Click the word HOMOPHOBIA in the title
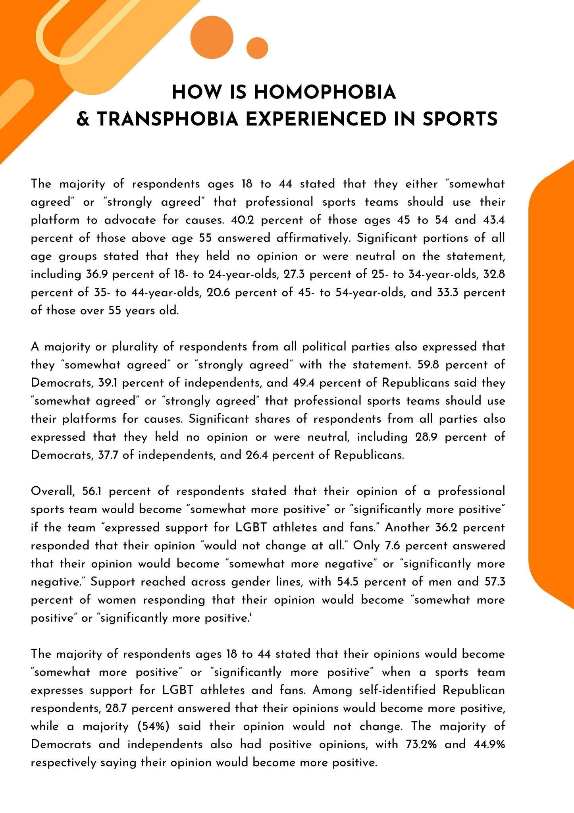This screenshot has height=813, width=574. pos(324,92)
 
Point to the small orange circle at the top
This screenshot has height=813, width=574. pos(257,48)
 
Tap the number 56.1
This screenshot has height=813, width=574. pos(93,491)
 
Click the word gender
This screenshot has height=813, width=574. pos(253,582)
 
